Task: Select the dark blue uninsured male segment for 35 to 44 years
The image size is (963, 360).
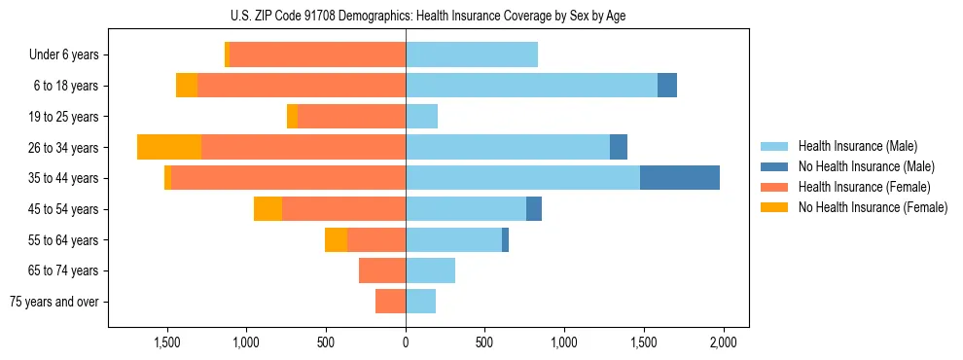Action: [679, 178]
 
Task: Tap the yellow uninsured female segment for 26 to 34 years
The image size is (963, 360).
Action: [169, 147]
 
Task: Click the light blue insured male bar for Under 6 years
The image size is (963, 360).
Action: [472, 54]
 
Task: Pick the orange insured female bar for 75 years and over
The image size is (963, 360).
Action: [390, 302]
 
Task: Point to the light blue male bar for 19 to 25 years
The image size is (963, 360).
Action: [421, 117]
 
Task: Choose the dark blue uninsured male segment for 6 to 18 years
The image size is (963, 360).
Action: [667, 86]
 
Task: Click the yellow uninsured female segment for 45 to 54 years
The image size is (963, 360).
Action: [267, 209]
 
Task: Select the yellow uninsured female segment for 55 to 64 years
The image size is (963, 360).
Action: [336, 240]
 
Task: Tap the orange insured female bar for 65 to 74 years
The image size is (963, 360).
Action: [382, 270]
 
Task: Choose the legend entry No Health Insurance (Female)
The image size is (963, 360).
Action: [873, 207]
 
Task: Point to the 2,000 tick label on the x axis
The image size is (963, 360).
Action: [723, 342]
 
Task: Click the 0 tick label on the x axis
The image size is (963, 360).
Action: [406, 342]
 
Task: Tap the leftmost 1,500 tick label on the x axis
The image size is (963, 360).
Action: [167, 342]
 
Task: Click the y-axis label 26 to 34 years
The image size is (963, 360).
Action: [65, 148]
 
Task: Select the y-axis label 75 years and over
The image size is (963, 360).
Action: [54, 302]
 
